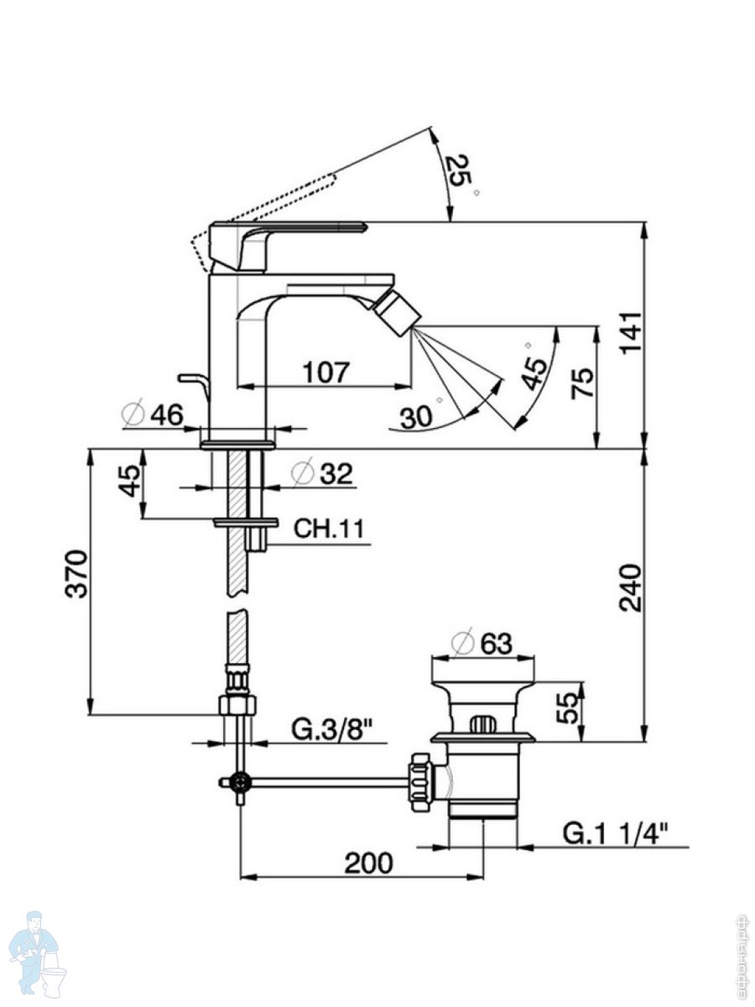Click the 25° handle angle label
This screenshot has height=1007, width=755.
click(x=461, y=174)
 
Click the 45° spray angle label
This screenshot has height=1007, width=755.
click(x=534, y=366)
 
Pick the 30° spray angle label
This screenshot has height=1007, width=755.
click(x=417, y=415)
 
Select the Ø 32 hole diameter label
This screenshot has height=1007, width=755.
click(x=321, y=473)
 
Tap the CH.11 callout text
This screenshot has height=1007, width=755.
click(x=328, y=530)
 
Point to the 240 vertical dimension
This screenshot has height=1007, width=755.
click(x=631, y=587)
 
